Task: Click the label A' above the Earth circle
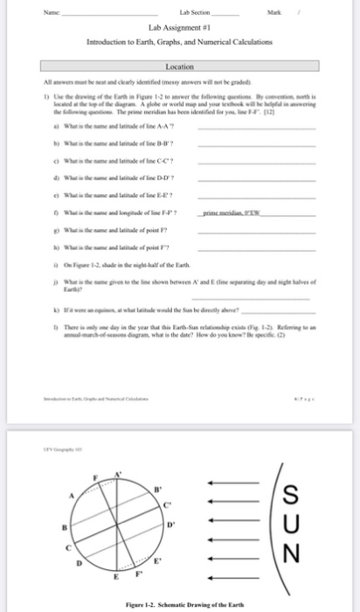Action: pyautogui.click(x=122, y=472)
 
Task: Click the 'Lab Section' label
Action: pyautogui.click(x=172, y=12)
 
